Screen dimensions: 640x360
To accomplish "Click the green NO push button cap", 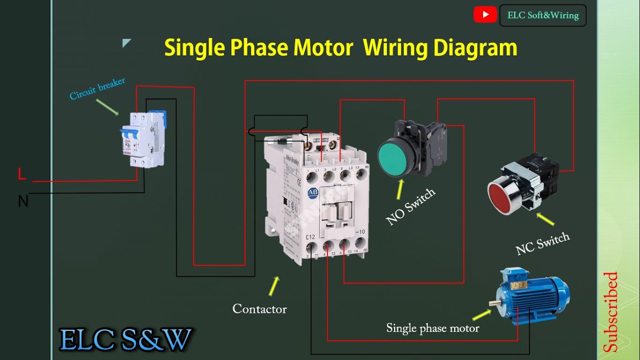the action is tap(396, 158).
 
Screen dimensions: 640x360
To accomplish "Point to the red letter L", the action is tap(21, 174).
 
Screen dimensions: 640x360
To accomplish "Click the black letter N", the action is tap(23, 201).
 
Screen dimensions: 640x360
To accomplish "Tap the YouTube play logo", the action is tap(485, 15).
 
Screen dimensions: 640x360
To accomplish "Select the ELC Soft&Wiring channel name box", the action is tap(542, 15).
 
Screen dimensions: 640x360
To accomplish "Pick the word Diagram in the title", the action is tap(475, 48).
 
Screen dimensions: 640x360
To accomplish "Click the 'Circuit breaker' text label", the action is tap(97, 88).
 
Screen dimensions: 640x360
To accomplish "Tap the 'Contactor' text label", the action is tap(259, 309).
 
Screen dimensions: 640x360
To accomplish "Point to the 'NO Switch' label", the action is tap(410, 206).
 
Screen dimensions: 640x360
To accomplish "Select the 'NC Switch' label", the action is tap(542, 244).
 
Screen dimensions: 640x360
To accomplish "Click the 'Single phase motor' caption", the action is tap(432, 328).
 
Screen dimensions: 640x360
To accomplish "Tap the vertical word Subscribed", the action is tap(610, 312).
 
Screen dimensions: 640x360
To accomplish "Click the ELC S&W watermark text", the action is tap(125, 340).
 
